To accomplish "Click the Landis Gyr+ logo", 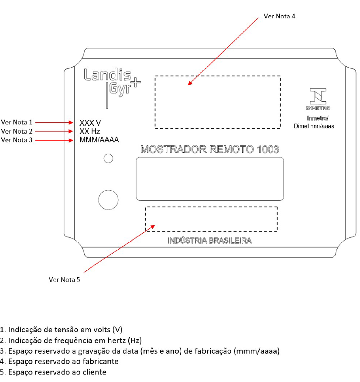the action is (112, 88).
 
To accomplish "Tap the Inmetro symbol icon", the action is (318, 99).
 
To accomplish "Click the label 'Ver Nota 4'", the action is (279, 16).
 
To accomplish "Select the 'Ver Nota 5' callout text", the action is (64, 280).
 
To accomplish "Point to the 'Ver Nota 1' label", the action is (17, 122).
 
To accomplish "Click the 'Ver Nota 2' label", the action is (17, 131).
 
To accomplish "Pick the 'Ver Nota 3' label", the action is (17, 140).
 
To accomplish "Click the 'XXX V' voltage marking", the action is (90, 123).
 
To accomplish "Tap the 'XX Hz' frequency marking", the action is (89, 131).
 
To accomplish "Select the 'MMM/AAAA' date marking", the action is (99, 140).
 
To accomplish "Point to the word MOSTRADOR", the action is (174, 149).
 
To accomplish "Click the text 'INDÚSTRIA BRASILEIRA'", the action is (209, 241).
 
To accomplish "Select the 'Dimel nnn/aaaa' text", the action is (314, 126).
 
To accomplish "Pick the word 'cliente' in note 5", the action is (95, 372).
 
